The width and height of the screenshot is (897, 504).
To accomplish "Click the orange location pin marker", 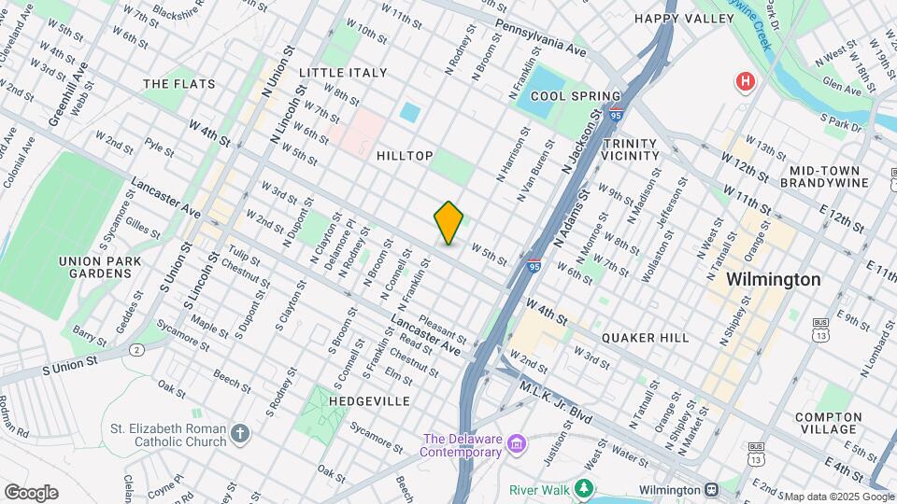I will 449,222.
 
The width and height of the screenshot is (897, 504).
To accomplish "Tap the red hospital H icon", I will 745,81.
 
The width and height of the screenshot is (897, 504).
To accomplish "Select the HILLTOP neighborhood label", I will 405,156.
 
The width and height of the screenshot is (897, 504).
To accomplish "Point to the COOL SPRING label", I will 576,96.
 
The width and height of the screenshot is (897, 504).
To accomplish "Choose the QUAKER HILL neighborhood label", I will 646,337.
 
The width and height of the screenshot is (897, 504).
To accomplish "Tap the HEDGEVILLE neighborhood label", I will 370,400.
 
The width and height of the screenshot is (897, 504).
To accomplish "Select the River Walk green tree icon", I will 584,488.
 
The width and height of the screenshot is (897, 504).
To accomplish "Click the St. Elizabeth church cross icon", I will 241,434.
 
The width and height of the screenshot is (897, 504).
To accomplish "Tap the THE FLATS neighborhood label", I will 179,84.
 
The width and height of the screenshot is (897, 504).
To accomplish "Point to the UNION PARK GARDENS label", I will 93,267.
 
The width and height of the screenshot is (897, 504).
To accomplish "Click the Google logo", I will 31,492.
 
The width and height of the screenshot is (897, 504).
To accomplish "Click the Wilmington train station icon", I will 711,489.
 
